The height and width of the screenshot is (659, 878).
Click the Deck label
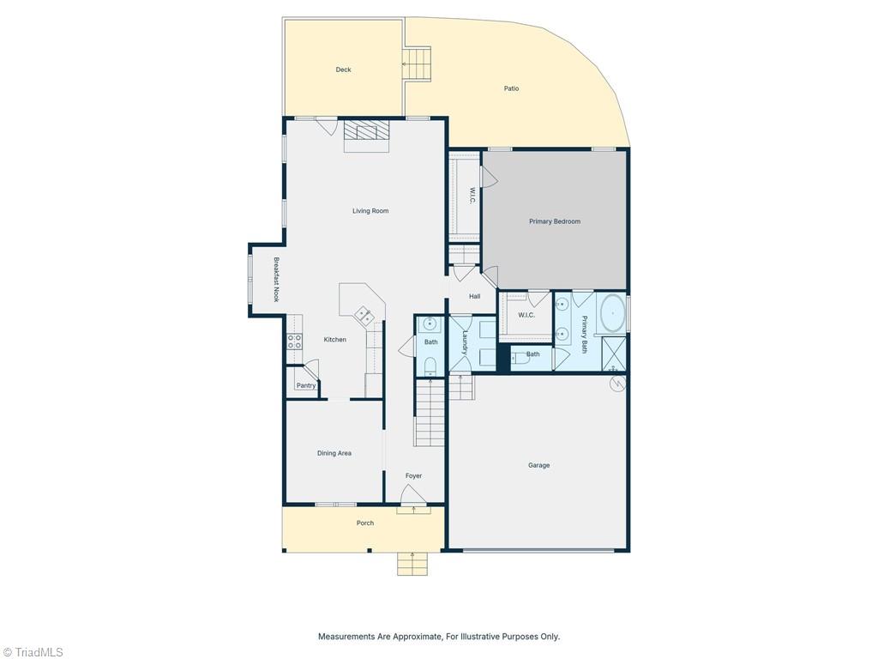pyautogui.click(x=343, y=70)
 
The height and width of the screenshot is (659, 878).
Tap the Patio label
pyautogui.click(x=511, y=88)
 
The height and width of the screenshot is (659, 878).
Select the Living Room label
pyautogui.click(x=370, y=211)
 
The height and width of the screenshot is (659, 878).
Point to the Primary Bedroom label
pyautogui.click(x=555, y=221)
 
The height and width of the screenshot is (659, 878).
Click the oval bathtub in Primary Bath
pyautogui.click(x=612, y=313)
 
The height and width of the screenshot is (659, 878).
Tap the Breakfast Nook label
pyautogui.click(x=276, y=280)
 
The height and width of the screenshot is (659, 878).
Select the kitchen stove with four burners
pyautogui.click(x=295, y=341)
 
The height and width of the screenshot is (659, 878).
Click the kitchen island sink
pyautogui.click(x=364, y=316)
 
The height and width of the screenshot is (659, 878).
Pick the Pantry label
pyautogui.click(x=306, y=385)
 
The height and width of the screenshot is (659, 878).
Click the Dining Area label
pyautogui.click(x=334, y=453)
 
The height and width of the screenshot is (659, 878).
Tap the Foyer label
pyautogui.click(x=413, y=475)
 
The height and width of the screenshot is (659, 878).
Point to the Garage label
pyautogui.click(x=538, y=465)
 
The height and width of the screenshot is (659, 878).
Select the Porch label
pyautogui.click(x=365, y=523)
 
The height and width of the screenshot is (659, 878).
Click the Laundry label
pyautogui.click(x=465, y=342)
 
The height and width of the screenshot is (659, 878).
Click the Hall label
pyautogui.click(x=474, y=296)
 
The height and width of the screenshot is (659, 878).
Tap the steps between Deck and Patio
pyautogui.click(x=418, y=64)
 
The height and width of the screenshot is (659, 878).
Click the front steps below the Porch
pyautogui.click(x=412, y=564)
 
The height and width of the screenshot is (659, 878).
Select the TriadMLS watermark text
pyautogui.click(x=33, y=652)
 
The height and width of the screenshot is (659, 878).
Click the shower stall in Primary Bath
pyautogui.click(x=614, y=354)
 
